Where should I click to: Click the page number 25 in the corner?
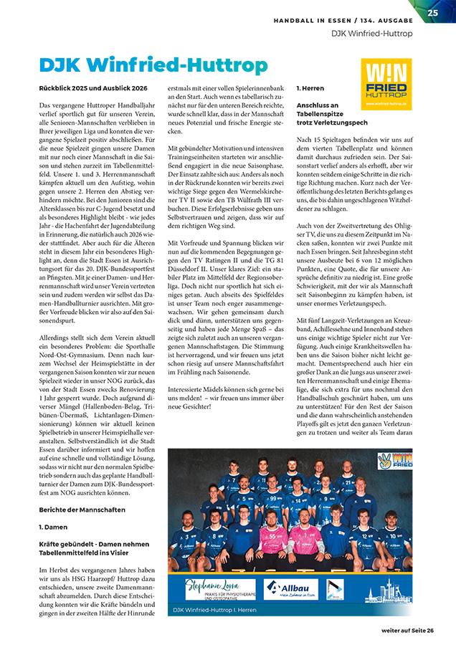click(x=433, y=12)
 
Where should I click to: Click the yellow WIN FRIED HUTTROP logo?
click(x=386, y=84)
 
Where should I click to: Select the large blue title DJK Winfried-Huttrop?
click(x=153, y=66)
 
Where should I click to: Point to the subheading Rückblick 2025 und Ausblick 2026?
click(x=93, y=87)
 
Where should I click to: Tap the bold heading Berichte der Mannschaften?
click(x=82, y=510)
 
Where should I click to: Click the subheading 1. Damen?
click(x=52, y=526)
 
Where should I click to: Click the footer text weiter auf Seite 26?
click(x=407, y=630)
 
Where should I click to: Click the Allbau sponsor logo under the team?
click(x=290, y=588)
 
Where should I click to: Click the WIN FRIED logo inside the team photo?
click(x=394, y=459)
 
